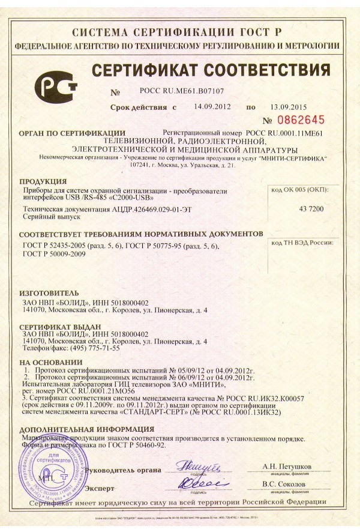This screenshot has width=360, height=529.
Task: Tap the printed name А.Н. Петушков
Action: coord(286,466)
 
